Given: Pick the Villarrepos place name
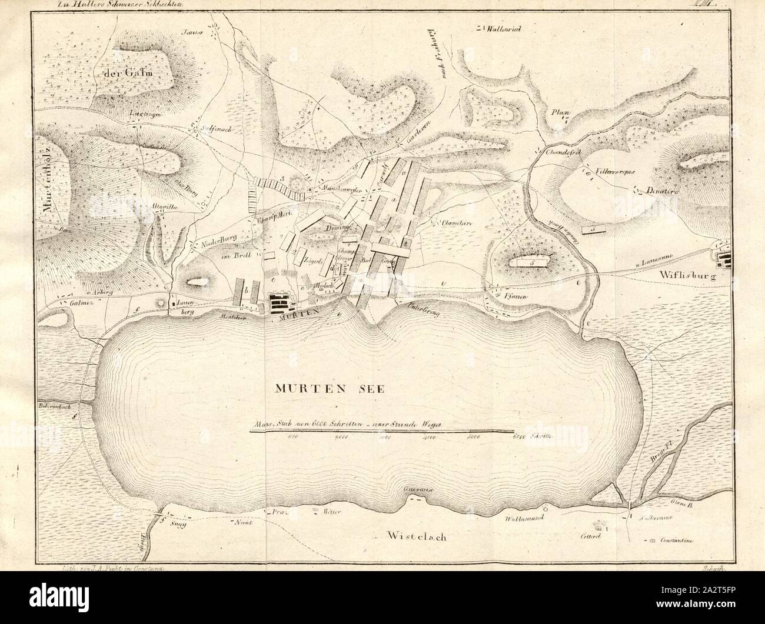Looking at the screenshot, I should tap(613, 171).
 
